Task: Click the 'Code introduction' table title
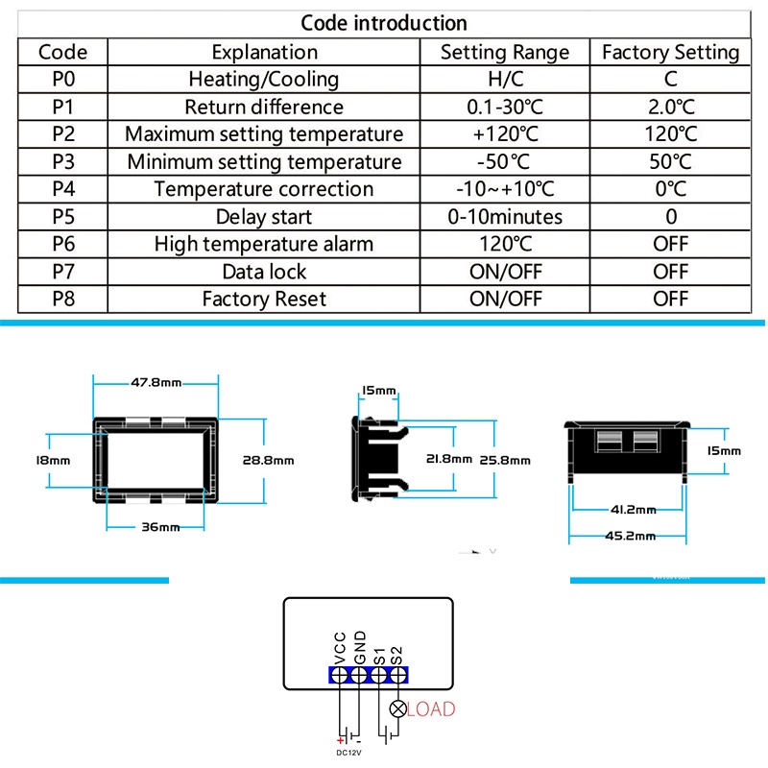click(x=383, y=23)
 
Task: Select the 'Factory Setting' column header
click(x=670, y=53)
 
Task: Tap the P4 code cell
click(x=63, y=189)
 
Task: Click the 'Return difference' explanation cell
click(x=264, y=108)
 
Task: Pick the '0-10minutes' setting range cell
click(x=505, y=217)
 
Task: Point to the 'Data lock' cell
click(x=264, y=272)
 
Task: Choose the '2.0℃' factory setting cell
click(x=671, y=108)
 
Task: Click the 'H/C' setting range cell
click(x=506, y=80)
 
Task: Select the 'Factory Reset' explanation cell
click(x=264, y=300)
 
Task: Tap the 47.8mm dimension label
click(x=156, y=382)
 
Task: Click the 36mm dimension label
click(x=160, y=527)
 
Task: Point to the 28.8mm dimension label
click(x=269, y=461)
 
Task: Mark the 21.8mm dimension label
click(x=449, y=459)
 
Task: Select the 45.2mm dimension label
click(x=631, y=536)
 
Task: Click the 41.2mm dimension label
click(x=634, y=510)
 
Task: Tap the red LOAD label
click(x=431, y=709)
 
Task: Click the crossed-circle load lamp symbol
click(x=397, y=708)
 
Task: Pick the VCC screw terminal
click(x=339, y=676)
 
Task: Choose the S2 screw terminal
click(x=397, y=676)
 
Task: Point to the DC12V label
click(x=348, y=753)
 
